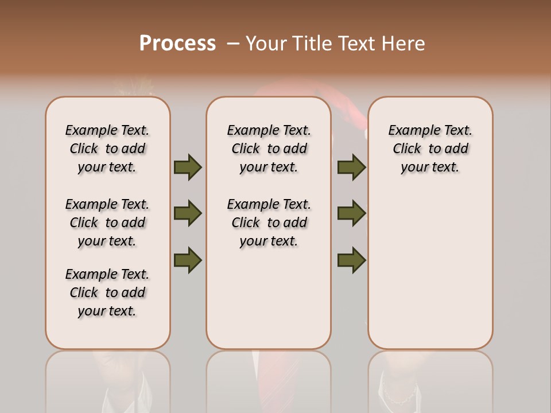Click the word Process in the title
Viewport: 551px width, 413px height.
tap(177, 44)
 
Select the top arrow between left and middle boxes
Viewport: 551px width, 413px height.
tap(188, 167)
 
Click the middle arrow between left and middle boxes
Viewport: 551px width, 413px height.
tap(188, 213)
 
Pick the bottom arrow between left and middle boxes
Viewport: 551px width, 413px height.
tap(188, 260)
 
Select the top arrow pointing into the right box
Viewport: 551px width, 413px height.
tap(351, 167)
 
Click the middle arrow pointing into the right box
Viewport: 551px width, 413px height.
tap(351, 213)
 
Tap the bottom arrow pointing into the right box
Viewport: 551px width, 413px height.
tap(351, 260)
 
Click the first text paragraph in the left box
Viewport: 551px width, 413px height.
tap(107, 149)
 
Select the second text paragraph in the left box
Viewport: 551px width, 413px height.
tap(107, 223)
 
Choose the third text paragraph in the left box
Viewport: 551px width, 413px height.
tap(107, 293)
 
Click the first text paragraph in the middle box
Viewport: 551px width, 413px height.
tap(269, 149)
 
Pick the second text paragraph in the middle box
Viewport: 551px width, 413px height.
tap(269, 223)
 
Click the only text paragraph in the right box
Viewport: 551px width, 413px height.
tap(430, 149)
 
